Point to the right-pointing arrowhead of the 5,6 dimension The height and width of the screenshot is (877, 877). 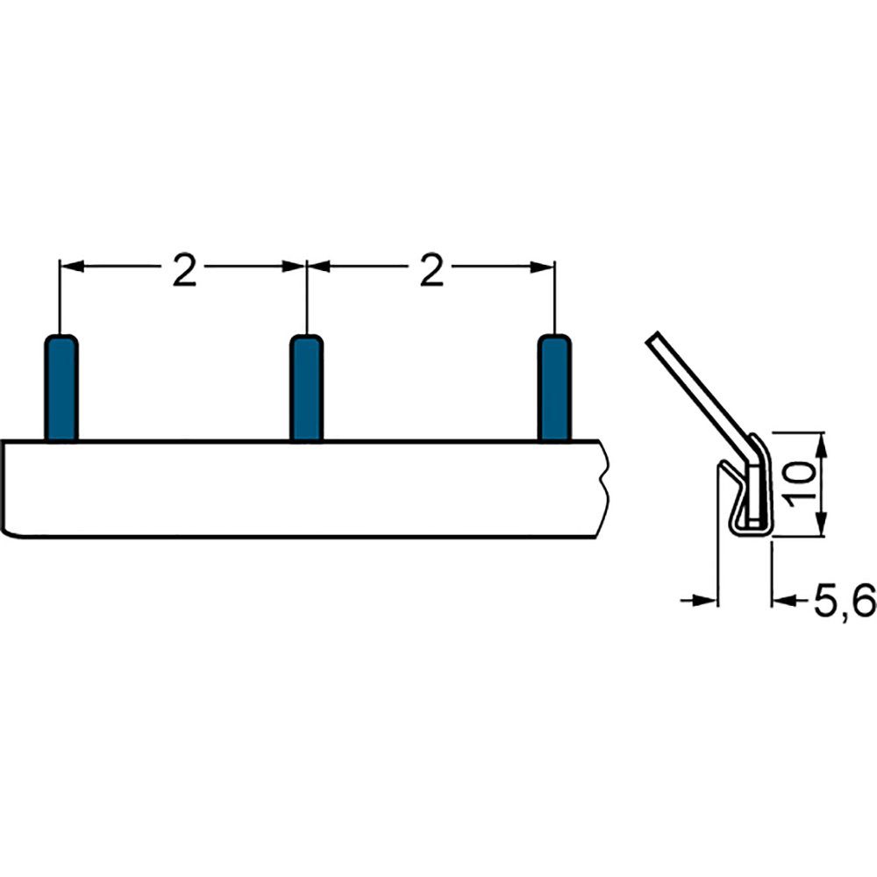(x=707, y=600)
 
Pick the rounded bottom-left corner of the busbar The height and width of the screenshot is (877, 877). (x=7, y=531)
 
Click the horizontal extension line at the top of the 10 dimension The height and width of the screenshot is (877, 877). (x=798, y=432)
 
